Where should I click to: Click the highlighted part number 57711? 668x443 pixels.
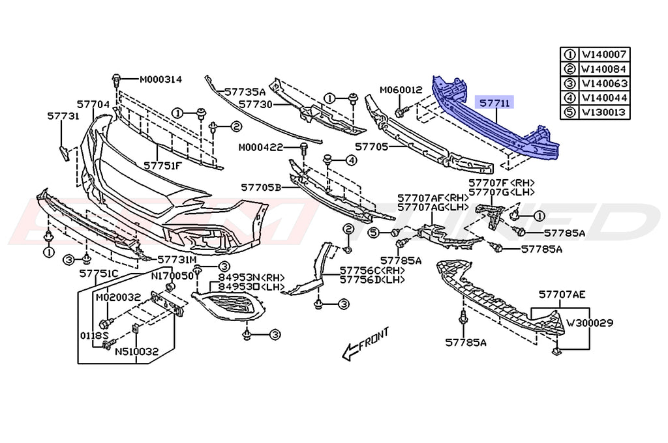click(x=496, y=103)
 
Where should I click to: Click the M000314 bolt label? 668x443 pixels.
click(x=160, y=79)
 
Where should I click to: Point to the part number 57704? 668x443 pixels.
click(x=93, y=104)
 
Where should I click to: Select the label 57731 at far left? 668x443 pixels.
click(x=63, y=116)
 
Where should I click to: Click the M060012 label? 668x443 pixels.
click(x=401, y=89)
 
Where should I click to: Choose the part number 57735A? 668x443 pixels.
click(x=245, y=93)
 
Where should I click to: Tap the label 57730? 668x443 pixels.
click(x=255, y=104)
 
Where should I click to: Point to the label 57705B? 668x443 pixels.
click(x=260, y=187)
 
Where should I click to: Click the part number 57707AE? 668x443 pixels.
click(x=562, y=294)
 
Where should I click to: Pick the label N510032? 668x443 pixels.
click(x=137, y=351)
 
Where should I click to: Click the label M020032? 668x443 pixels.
click(x=118, y=297)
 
